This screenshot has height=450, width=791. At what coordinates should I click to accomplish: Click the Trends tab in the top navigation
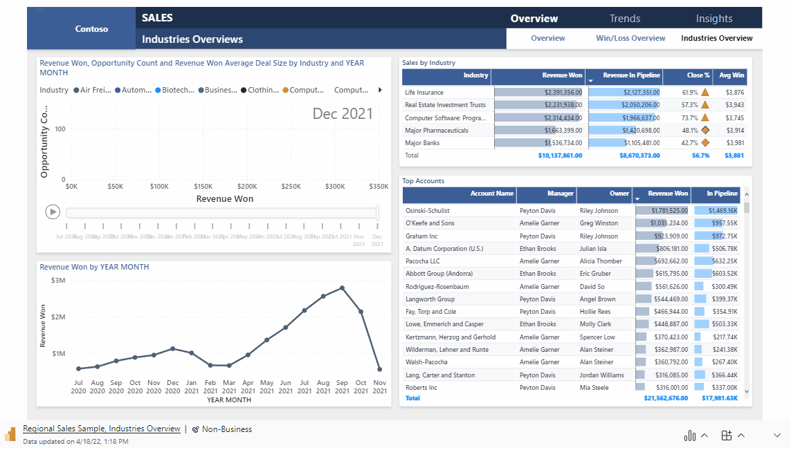(624, 19)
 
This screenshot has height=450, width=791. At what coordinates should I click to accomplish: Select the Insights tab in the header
(713, 19)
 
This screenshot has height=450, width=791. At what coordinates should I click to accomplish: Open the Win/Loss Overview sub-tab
(630, 39)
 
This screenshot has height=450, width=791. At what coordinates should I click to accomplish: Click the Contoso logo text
(91, 29)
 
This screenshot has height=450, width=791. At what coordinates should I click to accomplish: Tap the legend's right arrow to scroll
(379, 90)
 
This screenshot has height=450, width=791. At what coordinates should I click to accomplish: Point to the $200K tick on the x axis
(247, 187)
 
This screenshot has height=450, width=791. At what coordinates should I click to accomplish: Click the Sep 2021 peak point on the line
(342, 288)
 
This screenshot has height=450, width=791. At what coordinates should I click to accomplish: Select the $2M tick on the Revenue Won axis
(58, 317)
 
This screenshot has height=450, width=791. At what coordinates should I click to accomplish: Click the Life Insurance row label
(424, 93)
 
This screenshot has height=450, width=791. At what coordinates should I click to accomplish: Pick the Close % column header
(698, 75)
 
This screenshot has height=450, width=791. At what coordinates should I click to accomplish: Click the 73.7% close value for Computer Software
(690, 118)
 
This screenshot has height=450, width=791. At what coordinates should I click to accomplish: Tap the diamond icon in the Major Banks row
(705, 143)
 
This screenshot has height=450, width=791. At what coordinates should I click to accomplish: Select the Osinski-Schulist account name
(428, 211)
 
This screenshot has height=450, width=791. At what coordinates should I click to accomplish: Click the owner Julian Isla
(593, 249)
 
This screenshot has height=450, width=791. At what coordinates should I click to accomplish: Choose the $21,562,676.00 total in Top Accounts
(666, 398)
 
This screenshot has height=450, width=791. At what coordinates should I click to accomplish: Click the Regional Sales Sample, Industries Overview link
(102, 429)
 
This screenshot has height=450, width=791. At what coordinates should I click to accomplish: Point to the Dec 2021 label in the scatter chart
(343, 114)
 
